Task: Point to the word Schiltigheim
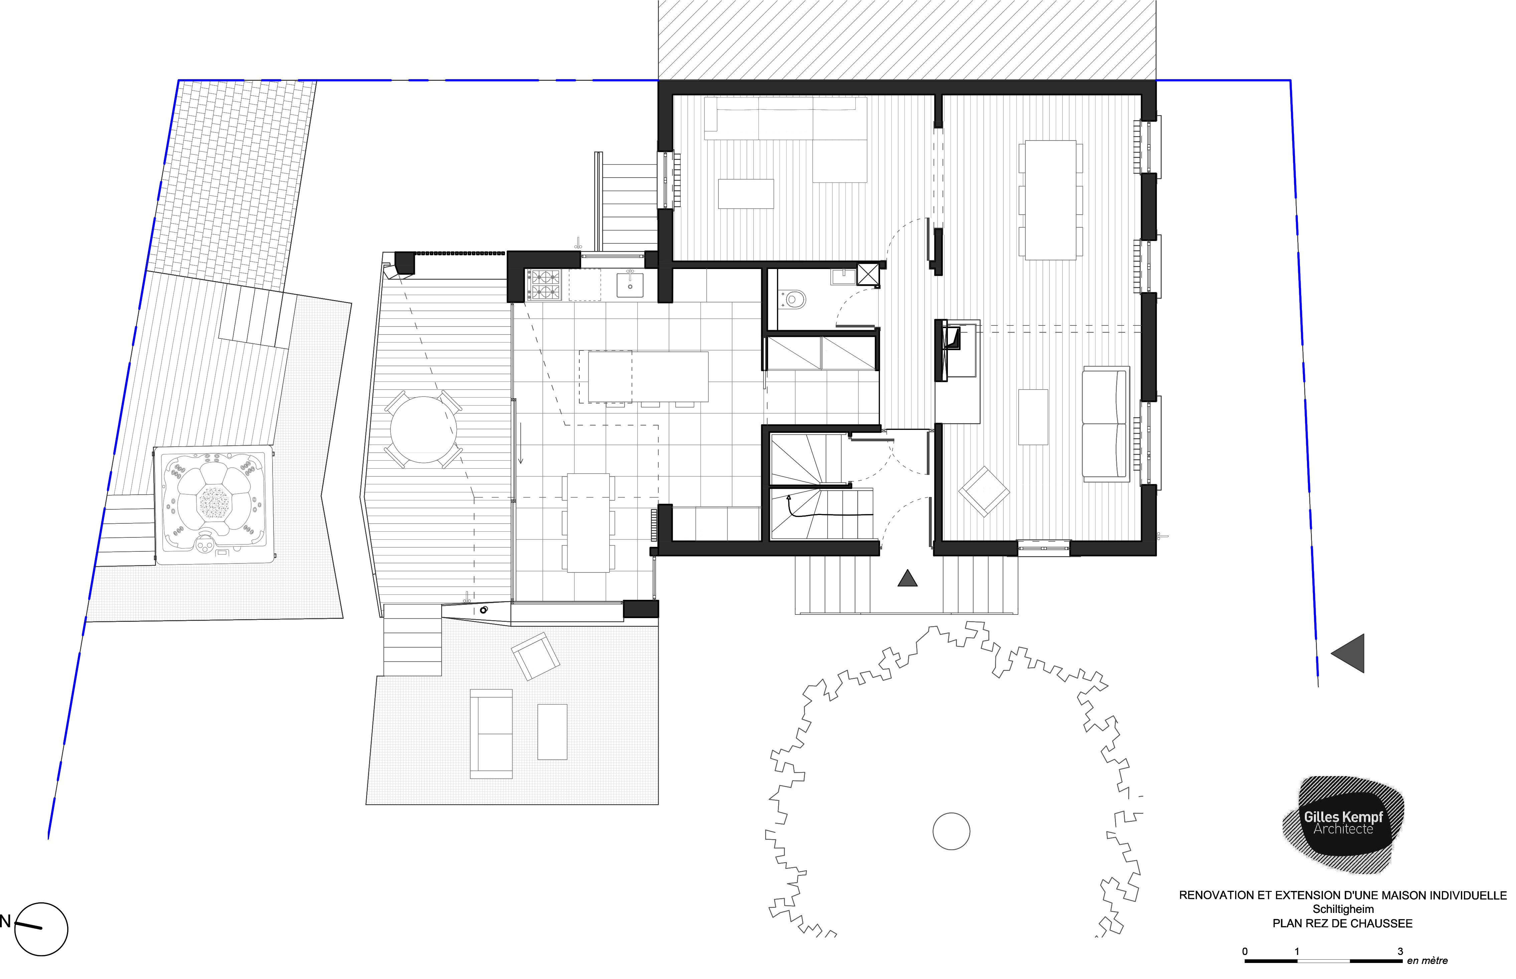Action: (1343, 909)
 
